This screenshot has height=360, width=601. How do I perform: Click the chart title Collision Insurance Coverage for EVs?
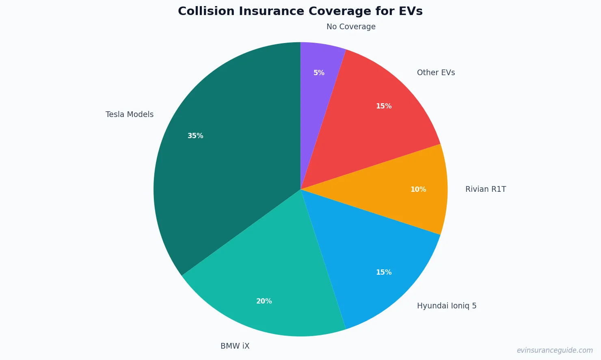300,11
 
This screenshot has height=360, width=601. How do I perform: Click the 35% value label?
195,136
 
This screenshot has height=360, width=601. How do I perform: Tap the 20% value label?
264,301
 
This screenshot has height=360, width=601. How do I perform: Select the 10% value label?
418,189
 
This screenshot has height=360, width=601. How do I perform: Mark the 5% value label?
319,73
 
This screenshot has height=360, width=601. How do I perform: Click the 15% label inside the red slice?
384,106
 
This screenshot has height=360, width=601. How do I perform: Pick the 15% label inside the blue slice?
384,272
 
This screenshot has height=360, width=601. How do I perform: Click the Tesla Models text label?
130,115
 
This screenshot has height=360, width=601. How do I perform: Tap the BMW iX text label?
235,346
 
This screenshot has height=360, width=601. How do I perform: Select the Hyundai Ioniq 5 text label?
447,306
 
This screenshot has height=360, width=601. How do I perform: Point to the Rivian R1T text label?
486,189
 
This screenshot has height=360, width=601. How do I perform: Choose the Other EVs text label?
436,73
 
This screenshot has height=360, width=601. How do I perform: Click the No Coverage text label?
351,27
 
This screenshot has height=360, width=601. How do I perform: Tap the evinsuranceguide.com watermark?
555,350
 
